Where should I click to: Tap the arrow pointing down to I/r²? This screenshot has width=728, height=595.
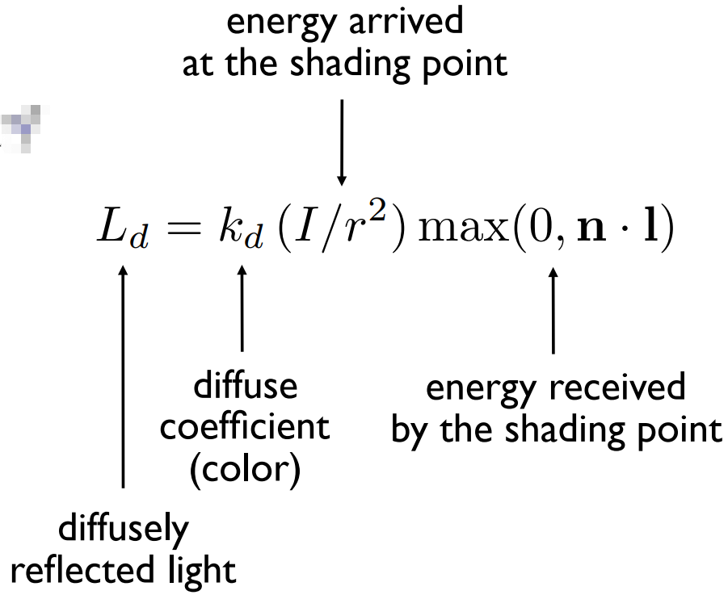point(342,141)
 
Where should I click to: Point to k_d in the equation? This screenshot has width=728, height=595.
point(242,232)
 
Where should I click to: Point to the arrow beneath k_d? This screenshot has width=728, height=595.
point(242,311)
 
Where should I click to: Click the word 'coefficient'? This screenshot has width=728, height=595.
point(245,428)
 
